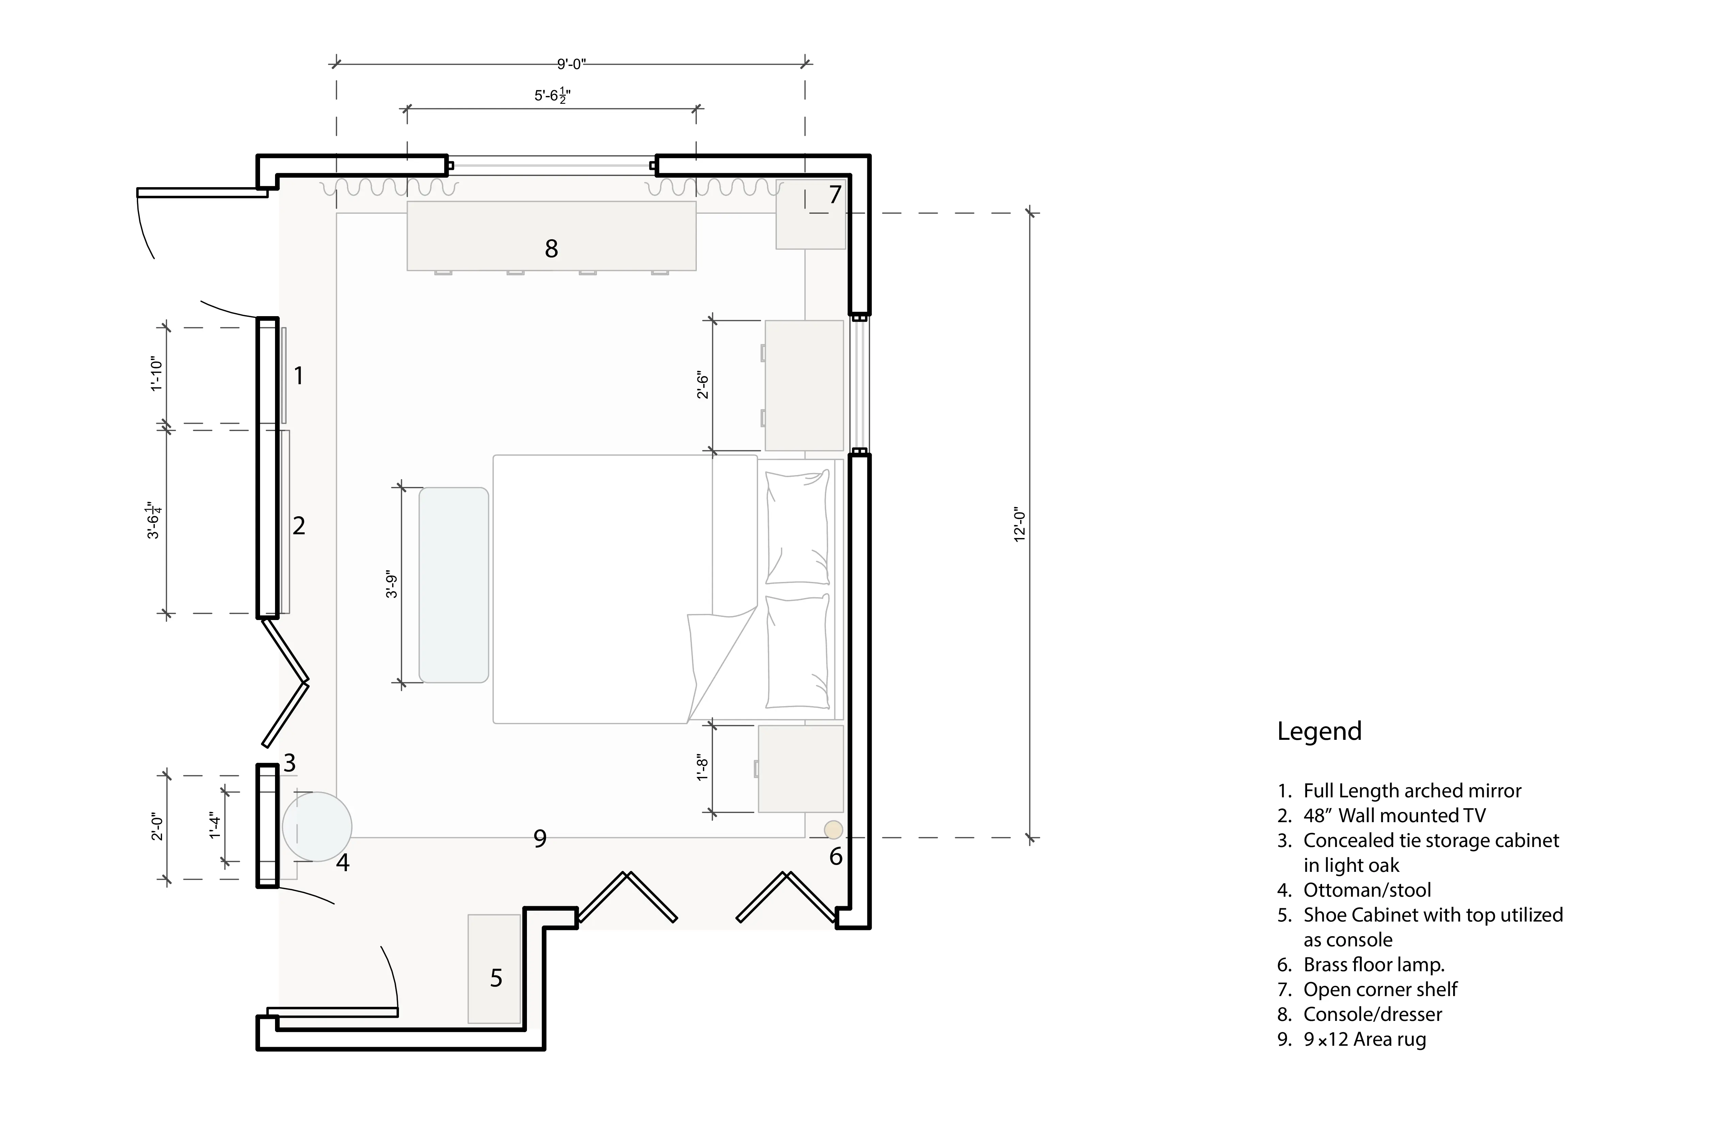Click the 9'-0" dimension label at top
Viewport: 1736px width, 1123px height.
tap(571, 64)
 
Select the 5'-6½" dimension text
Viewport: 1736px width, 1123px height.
tap(552, 96)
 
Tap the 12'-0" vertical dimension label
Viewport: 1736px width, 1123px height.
tap(1020, 525)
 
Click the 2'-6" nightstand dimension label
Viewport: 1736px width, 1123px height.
tap(703, 385)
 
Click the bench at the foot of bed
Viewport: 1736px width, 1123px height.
tap(454, 585)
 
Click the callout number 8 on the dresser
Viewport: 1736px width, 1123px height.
tap(551, 249)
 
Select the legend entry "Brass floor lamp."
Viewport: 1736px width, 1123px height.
tap(1373, 965)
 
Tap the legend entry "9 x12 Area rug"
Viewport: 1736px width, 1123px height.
tap(1364, 1039)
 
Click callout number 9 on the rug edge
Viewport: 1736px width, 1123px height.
tap(540, 839)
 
